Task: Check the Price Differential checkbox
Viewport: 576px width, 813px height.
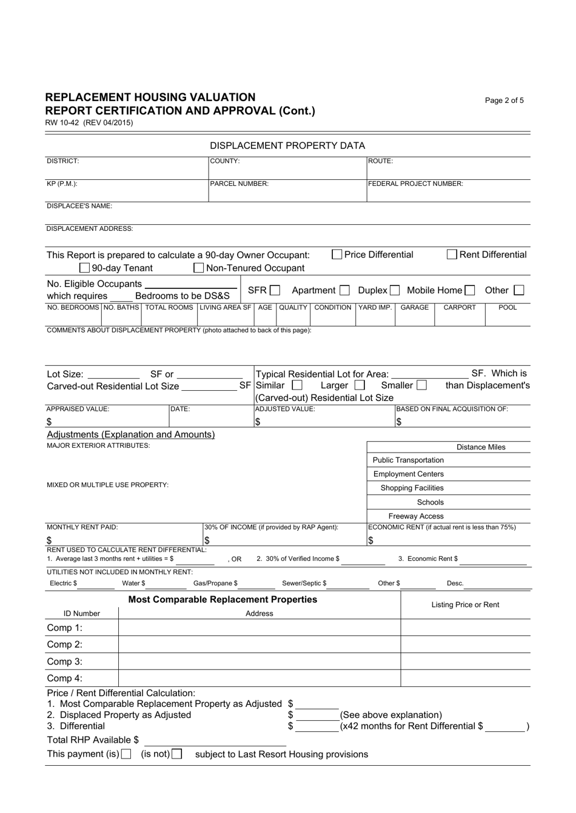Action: point(337,255)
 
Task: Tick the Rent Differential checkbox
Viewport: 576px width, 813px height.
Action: point(452,255)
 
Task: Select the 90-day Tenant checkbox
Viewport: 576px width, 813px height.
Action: point(85,268)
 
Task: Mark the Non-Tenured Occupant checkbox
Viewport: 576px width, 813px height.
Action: point(198,268)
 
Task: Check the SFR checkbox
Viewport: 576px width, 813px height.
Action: point(275,291)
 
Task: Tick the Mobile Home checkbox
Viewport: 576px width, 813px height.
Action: point(470,291)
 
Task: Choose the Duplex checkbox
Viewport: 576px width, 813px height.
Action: point(395,291)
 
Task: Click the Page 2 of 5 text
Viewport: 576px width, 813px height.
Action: point(504,101)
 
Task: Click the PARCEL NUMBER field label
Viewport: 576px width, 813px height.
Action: point(239,184)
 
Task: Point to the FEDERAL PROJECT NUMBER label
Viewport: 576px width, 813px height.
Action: point(416,184)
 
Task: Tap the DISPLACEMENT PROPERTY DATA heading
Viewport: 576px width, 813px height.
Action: point(287,145)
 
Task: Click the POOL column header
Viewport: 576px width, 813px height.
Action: point(507,308)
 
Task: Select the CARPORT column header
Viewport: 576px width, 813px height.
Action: point(459,308)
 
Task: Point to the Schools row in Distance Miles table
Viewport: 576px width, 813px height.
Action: point(430,502)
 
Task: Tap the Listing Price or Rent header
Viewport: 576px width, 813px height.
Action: point(465,605)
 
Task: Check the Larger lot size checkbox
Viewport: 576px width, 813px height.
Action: point(360,385)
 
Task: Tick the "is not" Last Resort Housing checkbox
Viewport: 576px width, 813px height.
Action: point(176,754)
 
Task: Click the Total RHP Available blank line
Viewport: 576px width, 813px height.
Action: point(215,741)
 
